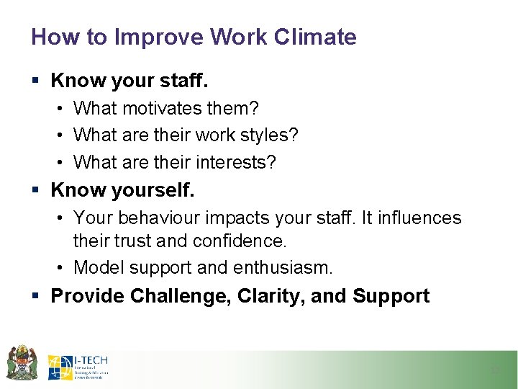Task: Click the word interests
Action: tap(237, 163)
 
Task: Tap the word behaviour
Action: tap(165, 218)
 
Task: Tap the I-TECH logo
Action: tap(78, 367)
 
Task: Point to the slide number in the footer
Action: tap(494, 370)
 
